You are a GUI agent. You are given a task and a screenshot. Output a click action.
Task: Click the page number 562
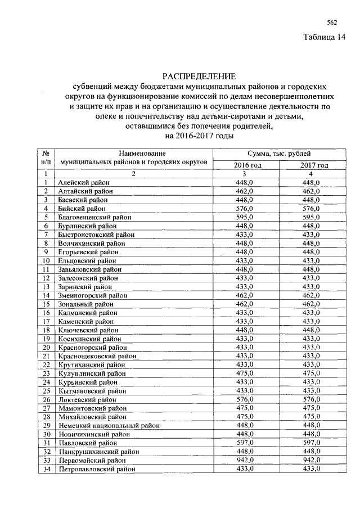(332, 22)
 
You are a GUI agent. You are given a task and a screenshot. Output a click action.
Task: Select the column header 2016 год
(247, 165)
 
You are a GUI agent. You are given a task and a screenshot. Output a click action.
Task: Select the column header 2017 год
(314, 165)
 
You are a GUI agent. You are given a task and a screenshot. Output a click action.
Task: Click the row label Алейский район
(84, 183)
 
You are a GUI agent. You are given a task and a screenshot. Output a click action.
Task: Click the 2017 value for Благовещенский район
(311, 217)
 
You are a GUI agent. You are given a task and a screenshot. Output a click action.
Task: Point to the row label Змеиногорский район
(92, 295)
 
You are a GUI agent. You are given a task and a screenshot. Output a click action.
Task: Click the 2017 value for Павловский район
(311, 443)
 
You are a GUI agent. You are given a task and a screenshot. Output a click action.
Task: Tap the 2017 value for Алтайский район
(311, 191)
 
